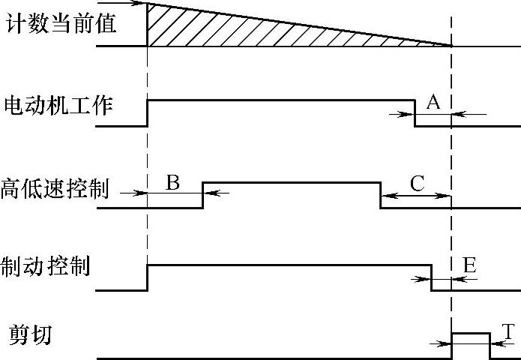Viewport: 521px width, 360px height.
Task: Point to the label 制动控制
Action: (x=46, y=265)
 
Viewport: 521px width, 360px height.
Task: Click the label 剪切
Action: (x=30, y=334)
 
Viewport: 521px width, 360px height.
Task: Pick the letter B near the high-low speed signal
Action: (x=173, y=181)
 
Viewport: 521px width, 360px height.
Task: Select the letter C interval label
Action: (x=418, y=182)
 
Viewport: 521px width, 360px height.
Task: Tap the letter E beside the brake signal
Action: (x=469, y=265)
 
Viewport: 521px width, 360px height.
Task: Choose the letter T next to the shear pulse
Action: (x=508, y=331)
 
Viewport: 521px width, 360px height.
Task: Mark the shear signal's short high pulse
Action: (x=470, y=332)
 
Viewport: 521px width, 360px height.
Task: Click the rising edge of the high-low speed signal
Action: (x=203, y=194)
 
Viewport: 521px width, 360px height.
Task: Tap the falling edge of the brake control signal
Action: (x=431, y=277)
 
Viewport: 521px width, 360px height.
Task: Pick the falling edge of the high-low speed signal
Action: (x=380, y=194)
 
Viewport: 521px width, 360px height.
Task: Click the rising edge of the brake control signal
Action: (x=148, y=277)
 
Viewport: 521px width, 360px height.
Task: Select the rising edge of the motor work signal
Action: (x=148, y=112)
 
